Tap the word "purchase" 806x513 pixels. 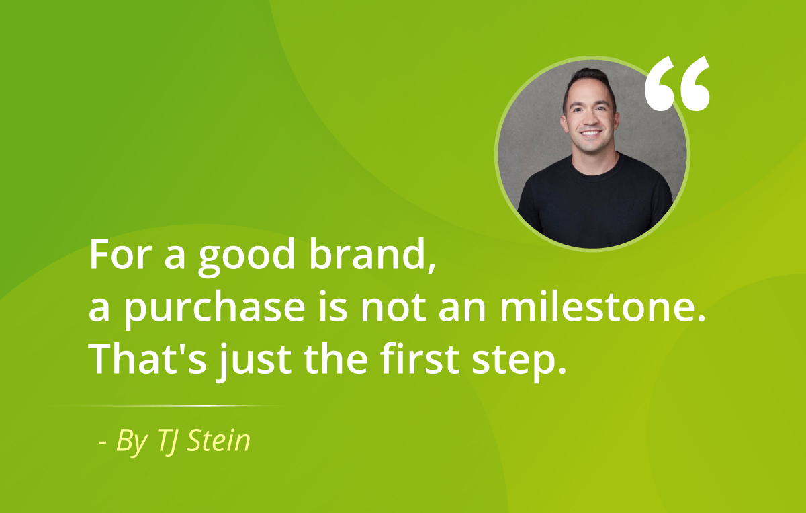point(214,309)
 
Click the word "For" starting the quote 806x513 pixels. point(119,254)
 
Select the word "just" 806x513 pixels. point(253,361)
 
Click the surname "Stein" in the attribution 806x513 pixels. point(218,440)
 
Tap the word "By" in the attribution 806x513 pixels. point(132,442)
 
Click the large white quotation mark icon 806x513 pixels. point(677,83)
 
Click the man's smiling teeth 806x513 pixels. point(591,133)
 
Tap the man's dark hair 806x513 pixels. point(588,80)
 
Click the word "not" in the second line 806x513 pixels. point(394,308)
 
